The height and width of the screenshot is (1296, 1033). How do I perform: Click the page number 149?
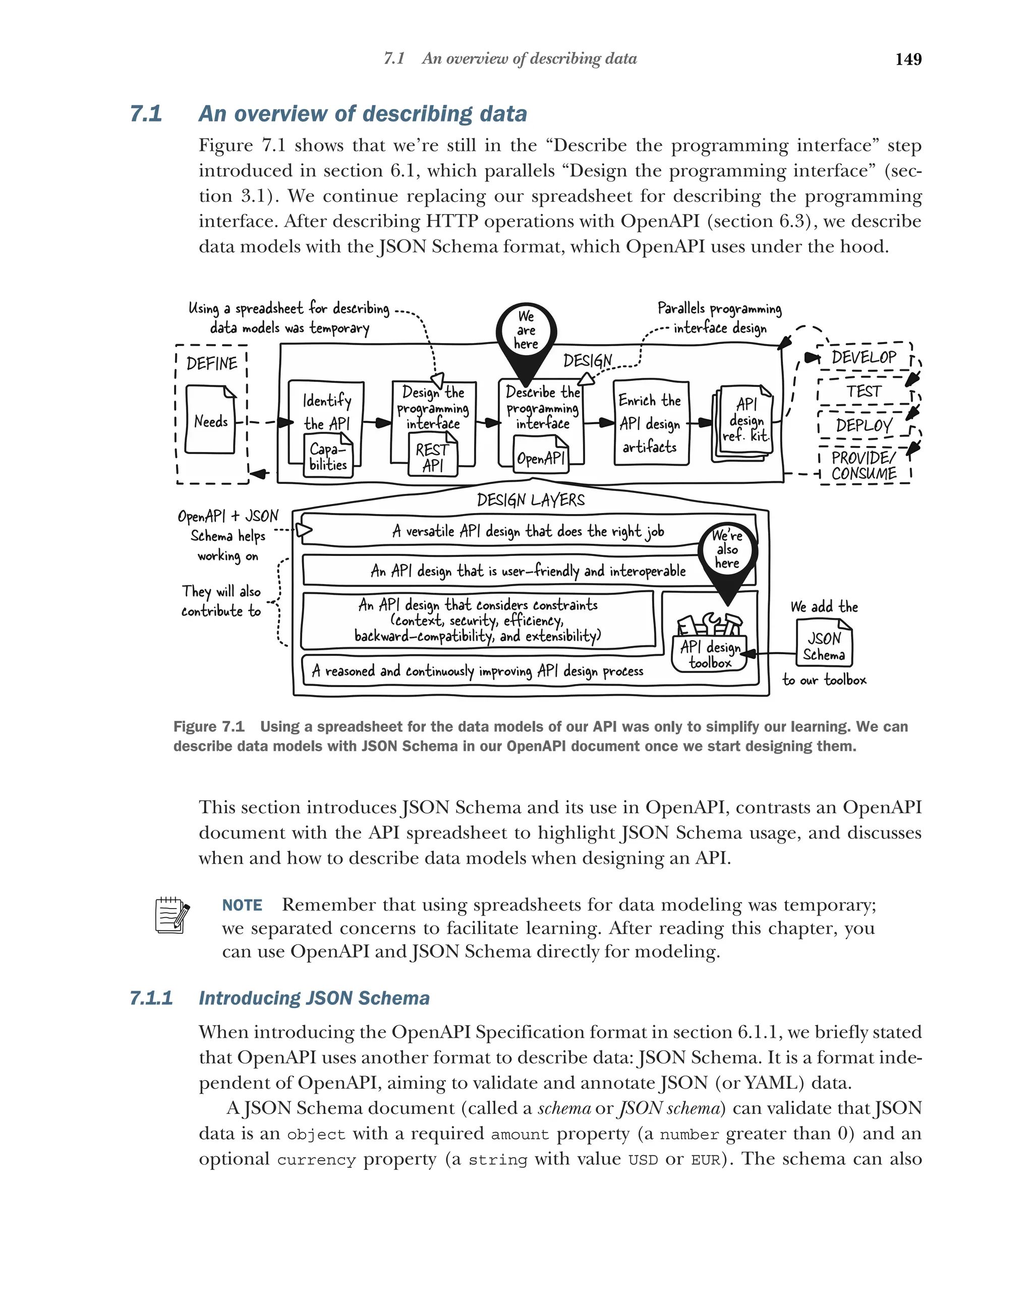pos(907,59)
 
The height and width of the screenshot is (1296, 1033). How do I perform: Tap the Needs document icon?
pos(210,420)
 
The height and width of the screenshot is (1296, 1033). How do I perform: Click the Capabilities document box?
pos(328,457)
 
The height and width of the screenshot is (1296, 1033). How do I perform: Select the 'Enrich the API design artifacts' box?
pos(650,423)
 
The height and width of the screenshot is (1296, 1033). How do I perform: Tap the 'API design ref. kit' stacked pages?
pos(743,423)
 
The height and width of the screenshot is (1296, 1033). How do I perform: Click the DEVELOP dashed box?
pos(864,358)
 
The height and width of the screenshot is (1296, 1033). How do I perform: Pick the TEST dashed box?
pos(864,391)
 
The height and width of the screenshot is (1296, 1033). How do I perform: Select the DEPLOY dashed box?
pos(864,426)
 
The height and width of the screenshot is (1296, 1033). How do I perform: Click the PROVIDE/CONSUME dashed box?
pos(864,465)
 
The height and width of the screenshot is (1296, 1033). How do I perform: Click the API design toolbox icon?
pos(710,642)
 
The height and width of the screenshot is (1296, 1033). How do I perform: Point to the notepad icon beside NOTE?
pos(172,915)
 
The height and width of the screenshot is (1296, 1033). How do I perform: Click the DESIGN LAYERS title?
pos(530,500)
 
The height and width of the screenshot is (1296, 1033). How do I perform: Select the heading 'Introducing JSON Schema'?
pos(314,998)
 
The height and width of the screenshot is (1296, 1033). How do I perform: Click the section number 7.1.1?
pos(151,998)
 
